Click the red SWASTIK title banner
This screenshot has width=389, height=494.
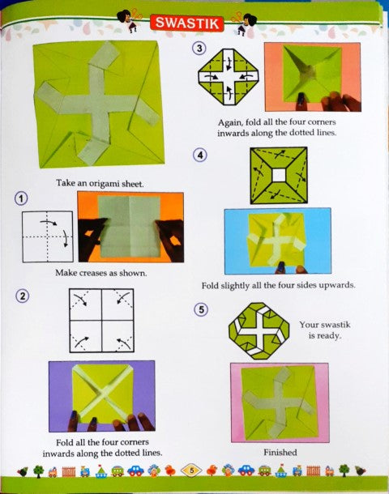click(187, 23)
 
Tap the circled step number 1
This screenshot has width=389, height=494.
click(21, 198)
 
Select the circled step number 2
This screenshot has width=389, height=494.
click(23, 296)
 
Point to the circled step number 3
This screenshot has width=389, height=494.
click(199, 49)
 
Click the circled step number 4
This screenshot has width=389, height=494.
click(200, 155)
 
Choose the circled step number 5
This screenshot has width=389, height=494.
click(201, 309)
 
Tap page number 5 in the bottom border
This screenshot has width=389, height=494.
click(191, 471)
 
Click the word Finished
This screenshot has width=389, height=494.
click(280, 453)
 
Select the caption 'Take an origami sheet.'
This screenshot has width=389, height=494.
click(100, 183)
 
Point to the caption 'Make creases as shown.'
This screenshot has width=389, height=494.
click(100, 273)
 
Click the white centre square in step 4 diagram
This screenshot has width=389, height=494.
click(278, 175)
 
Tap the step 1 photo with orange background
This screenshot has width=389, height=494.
click(130, 227)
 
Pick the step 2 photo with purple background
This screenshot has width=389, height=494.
click(102, 396)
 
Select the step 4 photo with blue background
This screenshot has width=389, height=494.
click(278, 241)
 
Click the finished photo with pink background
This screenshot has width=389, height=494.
click(280, 403)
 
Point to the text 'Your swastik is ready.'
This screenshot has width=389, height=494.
click(325, 330)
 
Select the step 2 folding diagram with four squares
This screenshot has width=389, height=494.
click(101, 321)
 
